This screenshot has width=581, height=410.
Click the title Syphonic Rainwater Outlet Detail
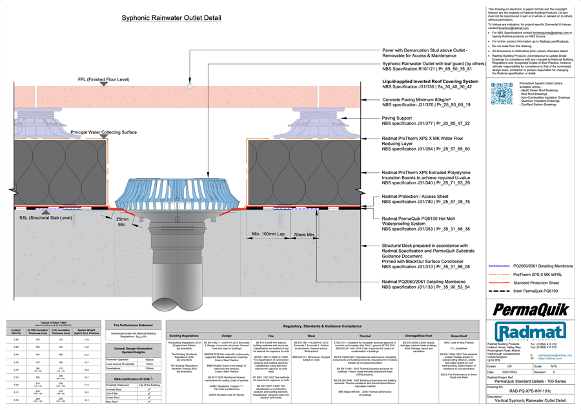pos(176,18)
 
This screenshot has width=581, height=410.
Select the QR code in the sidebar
pos(502,93)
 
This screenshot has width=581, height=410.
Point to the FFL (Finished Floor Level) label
pos(99,79)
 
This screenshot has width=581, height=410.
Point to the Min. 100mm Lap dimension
pos(275,233)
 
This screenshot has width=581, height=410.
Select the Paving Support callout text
pos(397,118)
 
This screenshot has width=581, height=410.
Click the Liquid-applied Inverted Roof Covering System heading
pos(430,82)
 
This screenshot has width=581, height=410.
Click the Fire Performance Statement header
pos(133,325)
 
